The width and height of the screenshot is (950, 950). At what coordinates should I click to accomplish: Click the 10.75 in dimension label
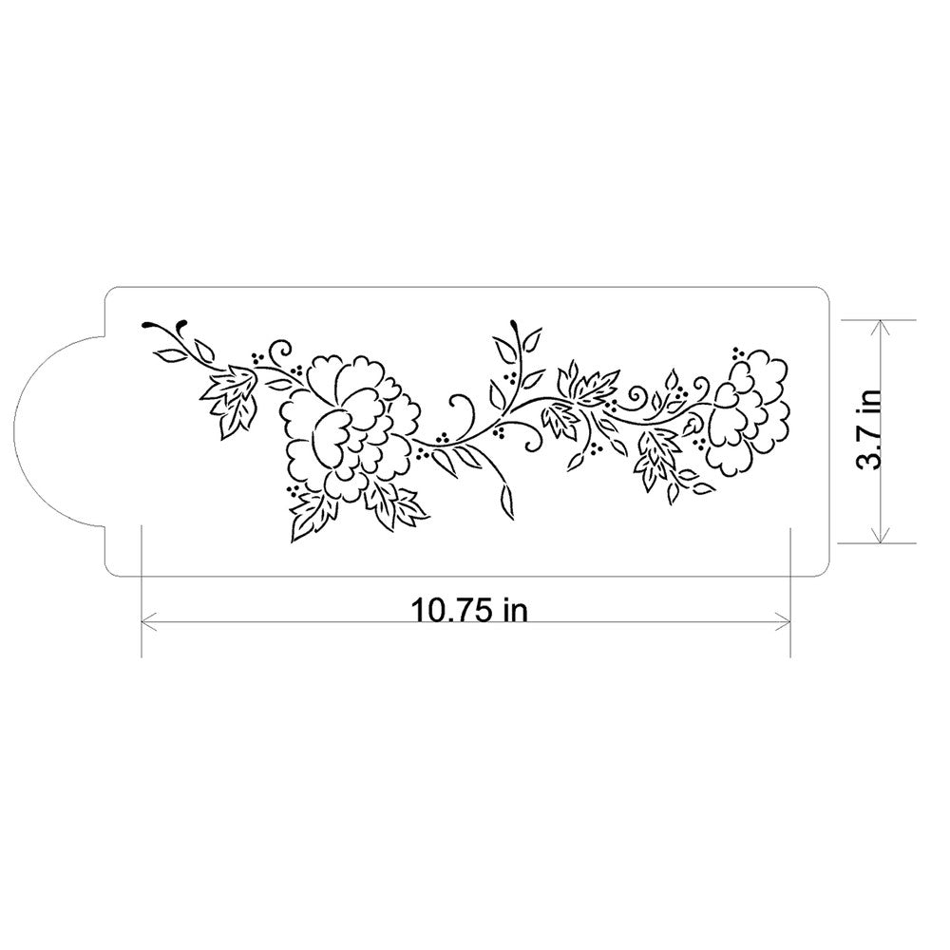point(468,609)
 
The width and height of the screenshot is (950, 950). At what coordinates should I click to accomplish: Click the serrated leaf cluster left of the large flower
point(228,399)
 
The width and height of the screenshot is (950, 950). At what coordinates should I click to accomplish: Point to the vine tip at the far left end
point(147,326)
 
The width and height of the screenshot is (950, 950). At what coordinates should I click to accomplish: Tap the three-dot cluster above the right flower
point(737,352)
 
